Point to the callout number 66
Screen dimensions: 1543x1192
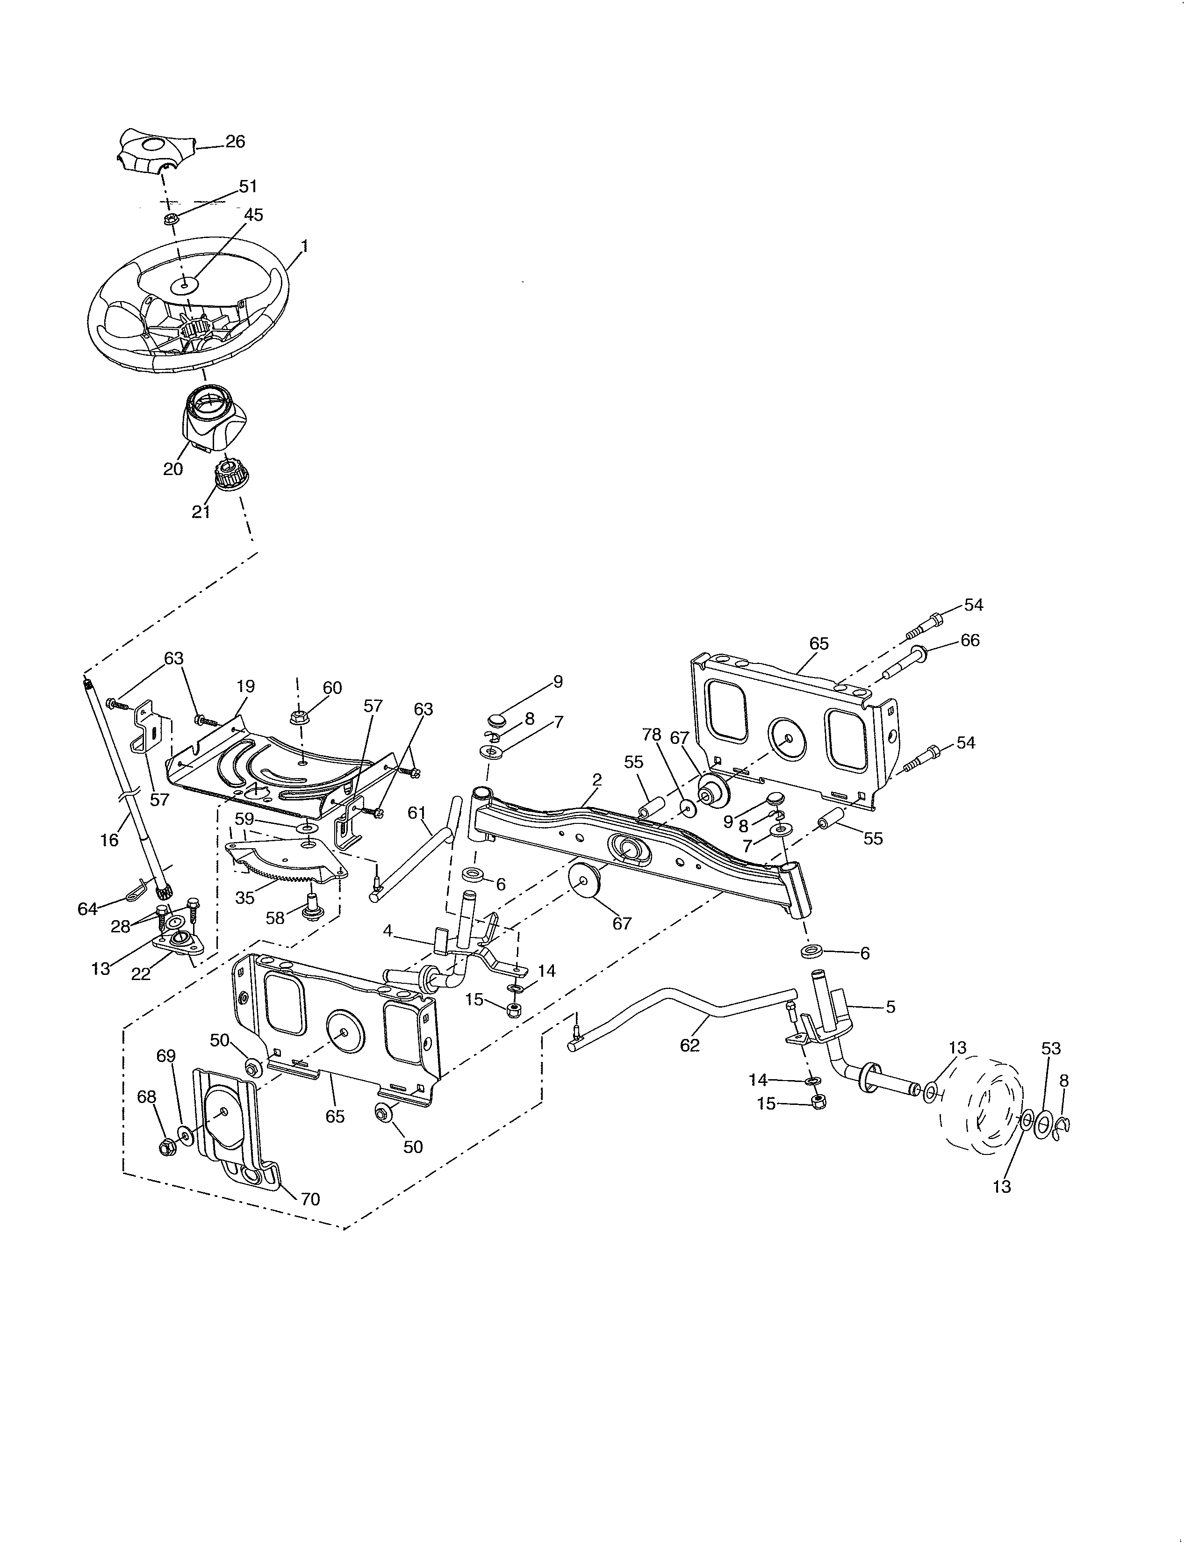coord(970,640)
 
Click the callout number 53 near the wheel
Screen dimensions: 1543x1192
coord(1051,1048)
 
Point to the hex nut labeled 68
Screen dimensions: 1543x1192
coord(167,1147)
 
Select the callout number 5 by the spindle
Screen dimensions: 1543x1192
coord(890,1007)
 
